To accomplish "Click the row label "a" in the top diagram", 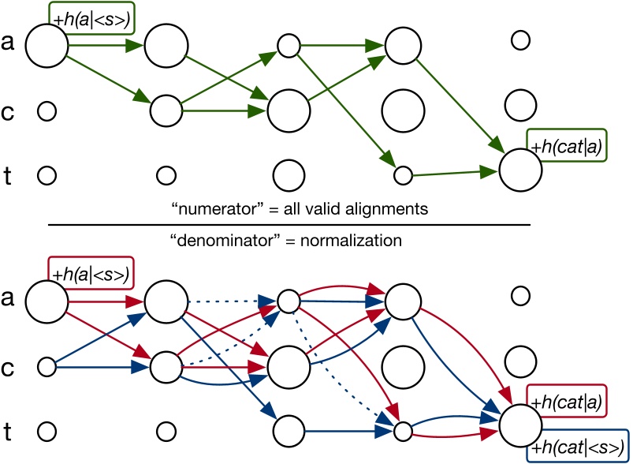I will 8,45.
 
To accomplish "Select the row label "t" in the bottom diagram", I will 8,431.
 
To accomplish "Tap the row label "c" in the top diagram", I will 8,110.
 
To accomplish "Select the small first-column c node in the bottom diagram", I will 47,366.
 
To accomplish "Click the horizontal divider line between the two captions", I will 289,224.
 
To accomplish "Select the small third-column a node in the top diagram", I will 288,46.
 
